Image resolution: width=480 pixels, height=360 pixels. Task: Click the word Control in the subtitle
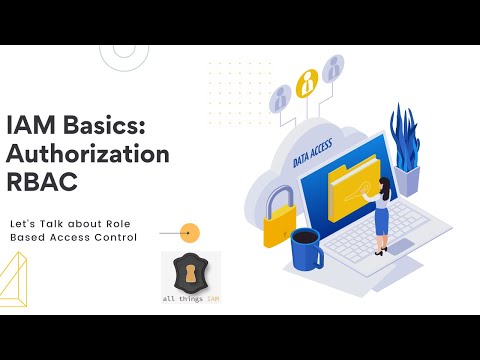111,236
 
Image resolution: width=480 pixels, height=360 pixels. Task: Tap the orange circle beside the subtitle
189,232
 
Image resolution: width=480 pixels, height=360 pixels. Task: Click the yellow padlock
281,220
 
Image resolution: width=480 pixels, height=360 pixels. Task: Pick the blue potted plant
405,150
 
